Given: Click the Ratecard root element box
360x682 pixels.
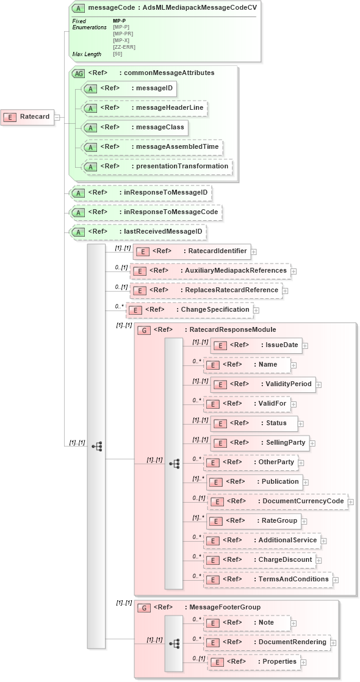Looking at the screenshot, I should pyautogui.click(x=27, y=117).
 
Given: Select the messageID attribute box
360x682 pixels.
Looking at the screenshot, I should pyautogui.click(x=128, y=89).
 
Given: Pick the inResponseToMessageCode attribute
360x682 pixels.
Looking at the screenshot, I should pyautogui.click(x=145, y=212).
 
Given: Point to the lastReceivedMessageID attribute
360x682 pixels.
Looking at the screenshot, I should pyautogui.click(x=137, y=232).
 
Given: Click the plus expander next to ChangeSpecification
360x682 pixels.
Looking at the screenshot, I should pyautogui.click(x=257, y=310).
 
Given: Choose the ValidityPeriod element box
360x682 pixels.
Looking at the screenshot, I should pyautogui.click(x=262, y=384).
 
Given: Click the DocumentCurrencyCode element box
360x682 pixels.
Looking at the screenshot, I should pyautogui.click(x=277, y=501).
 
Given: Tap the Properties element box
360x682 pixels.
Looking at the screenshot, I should pyautogui.click(x=254, y=661).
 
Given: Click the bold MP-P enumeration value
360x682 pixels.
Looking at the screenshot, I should pyautogui.click(x=120, y=21).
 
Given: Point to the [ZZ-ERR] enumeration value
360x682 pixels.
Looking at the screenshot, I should pyautogui.click(x=124, y=47).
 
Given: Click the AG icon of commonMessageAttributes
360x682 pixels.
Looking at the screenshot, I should pyautogui.click(x=79, y=73).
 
